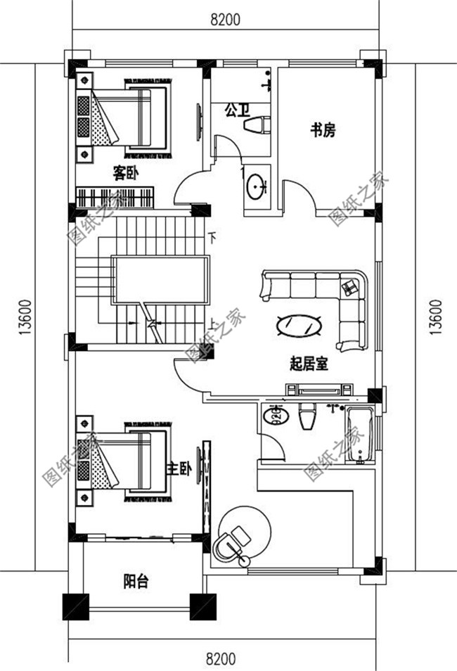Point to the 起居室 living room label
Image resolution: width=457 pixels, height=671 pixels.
309,364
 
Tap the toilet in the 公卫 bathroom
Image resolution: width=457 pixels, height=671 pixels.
255,125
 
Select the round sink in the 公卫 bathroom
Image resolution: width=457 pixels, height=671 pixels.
256,185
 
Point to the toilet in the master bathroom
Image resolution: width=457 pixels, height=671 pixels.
308,417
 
